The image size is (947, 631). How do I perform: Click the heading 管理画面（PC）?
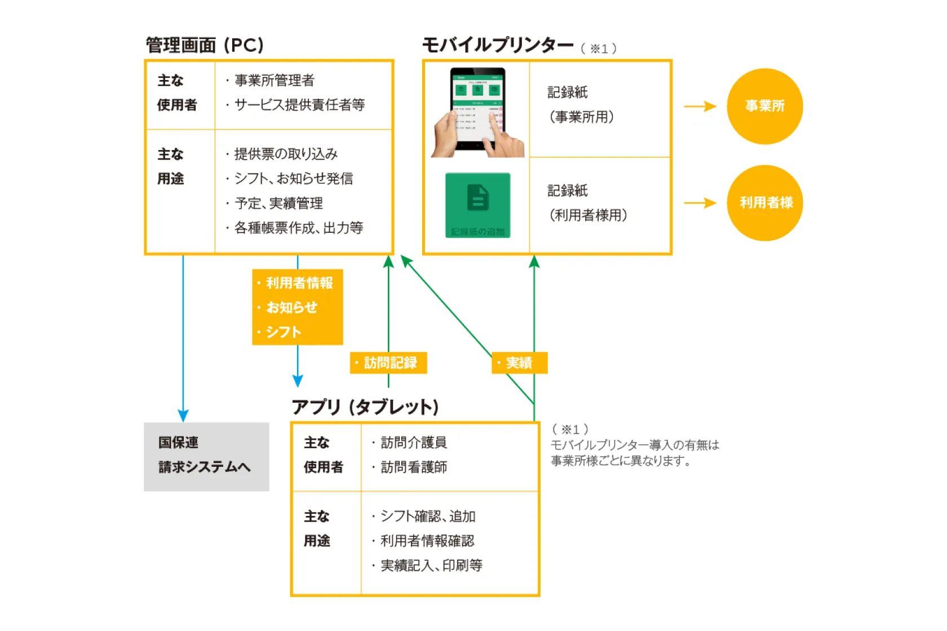pos(205,45)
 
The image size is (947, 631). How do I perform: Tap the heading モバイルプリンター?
pos(498,45)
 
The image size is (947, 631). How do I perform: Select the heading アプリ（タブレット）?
pos(365,407)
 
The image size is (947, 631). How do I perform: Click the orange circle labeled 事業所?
pos(764,106)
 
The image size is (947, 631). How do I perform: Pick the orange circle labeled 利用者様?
pos(765,203)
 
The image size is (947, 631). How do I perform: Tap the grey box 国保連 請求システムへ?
pos(206,456)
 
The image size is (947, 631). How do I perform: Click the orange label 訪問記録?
pos(388,363)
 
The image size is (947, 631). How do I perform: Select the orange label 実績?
pos(519,363)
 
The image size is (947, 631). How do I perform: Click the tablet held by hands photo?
pos(478,113)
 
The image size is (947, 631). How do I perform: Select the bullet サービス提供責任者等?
pos(299,105)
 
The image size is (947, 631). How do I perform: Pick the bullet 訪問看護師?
pos(414,467)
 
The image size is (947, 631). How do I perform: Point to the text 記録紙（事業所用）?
pos(581,105)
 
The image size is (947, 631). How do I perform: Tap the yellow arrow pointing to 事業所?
pos(700,106)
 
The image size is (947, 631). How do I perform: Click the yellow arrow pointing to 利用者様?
pos(700,203)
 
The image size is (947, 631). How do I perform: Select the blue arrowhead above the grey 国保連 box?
pos(183,416)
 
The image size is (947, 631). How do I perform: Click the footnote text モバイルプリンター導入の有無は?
pos(635,445)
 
